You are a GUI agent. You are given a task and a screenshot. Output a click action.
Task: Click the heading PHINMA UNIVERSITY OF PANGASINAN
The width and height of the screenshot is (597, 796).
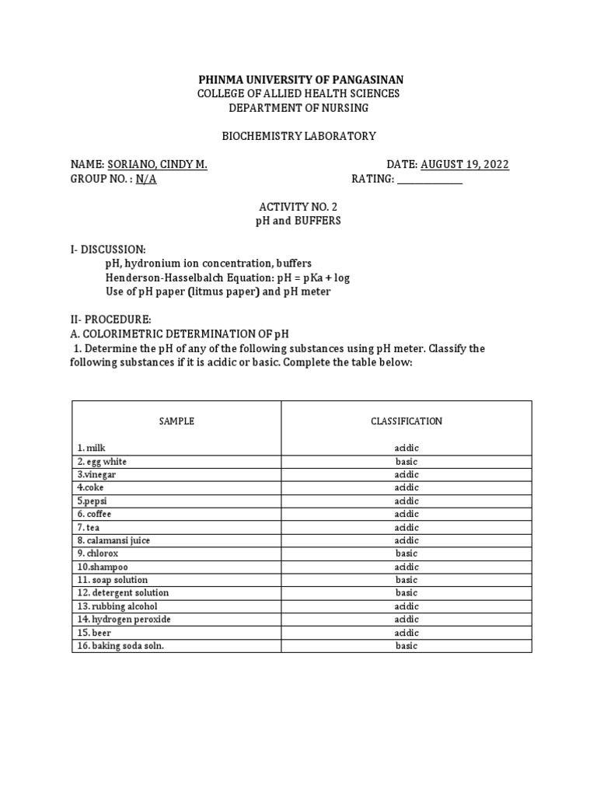(301, 80)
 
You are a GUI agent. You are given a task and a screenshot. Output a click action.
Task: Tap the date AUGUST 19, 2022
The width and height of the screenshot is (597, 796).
(465, 164)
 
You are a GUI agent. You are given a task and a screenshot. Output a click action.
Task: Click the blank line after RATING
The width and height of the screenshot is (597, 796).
(429, 179)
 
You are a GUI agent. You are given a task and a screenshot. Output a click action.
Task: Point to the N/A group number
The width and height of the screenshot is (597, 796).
(146, 179)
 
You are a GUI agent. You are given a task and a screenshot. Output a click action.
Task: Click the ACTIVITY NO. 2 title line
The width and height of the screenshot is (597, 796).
(298, 207)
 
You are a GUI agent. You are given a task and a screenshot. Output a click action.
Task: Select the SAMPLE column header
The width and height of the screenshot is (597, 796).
(176, 421)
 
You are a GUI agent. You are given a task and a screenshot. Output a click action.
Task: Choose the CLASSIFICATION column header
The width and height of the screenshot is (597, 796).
(406, 421)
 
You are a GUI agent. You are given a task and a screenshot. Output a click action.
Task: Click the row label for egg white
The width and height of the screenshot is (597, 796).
(102, 462)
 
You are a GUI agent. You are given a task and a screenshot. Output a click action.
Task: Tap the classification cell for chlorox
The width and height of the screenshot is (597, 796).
(406, 553)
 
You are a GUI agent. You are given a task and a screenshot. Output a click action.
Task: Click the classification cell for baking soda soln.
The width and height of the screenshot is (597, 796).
(406, 646)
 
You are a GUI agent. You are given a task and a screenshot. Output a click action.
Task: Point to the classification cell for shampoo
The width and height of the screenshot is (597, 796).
(406, 567)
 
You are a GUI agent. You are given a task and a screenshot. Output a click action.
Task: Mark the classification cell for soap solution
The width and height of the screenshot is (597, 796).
(406, 580)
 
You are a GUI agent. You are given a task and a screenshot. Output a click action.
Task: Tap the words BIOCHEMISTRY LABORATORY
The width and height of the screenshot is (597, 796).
(298, 136)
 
